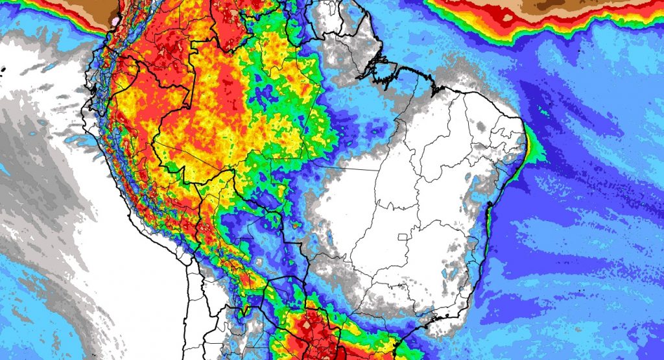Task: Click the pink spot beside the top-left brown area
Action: [x=116, y=21]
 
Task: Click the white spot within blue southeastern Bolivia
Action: [x=259, y=262]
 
